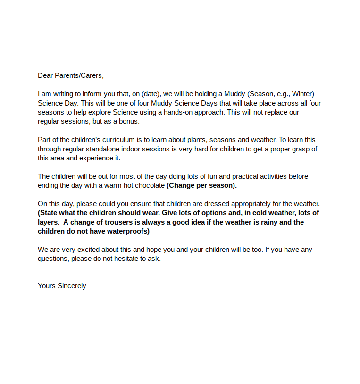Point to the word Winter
[x=302, y=94]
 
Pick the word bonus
[x=129, y=121]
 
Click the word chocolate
[x=150, y=185]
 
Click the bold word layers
[x=48, y=222]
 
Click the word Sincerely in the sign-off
[x=72, y=286]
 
